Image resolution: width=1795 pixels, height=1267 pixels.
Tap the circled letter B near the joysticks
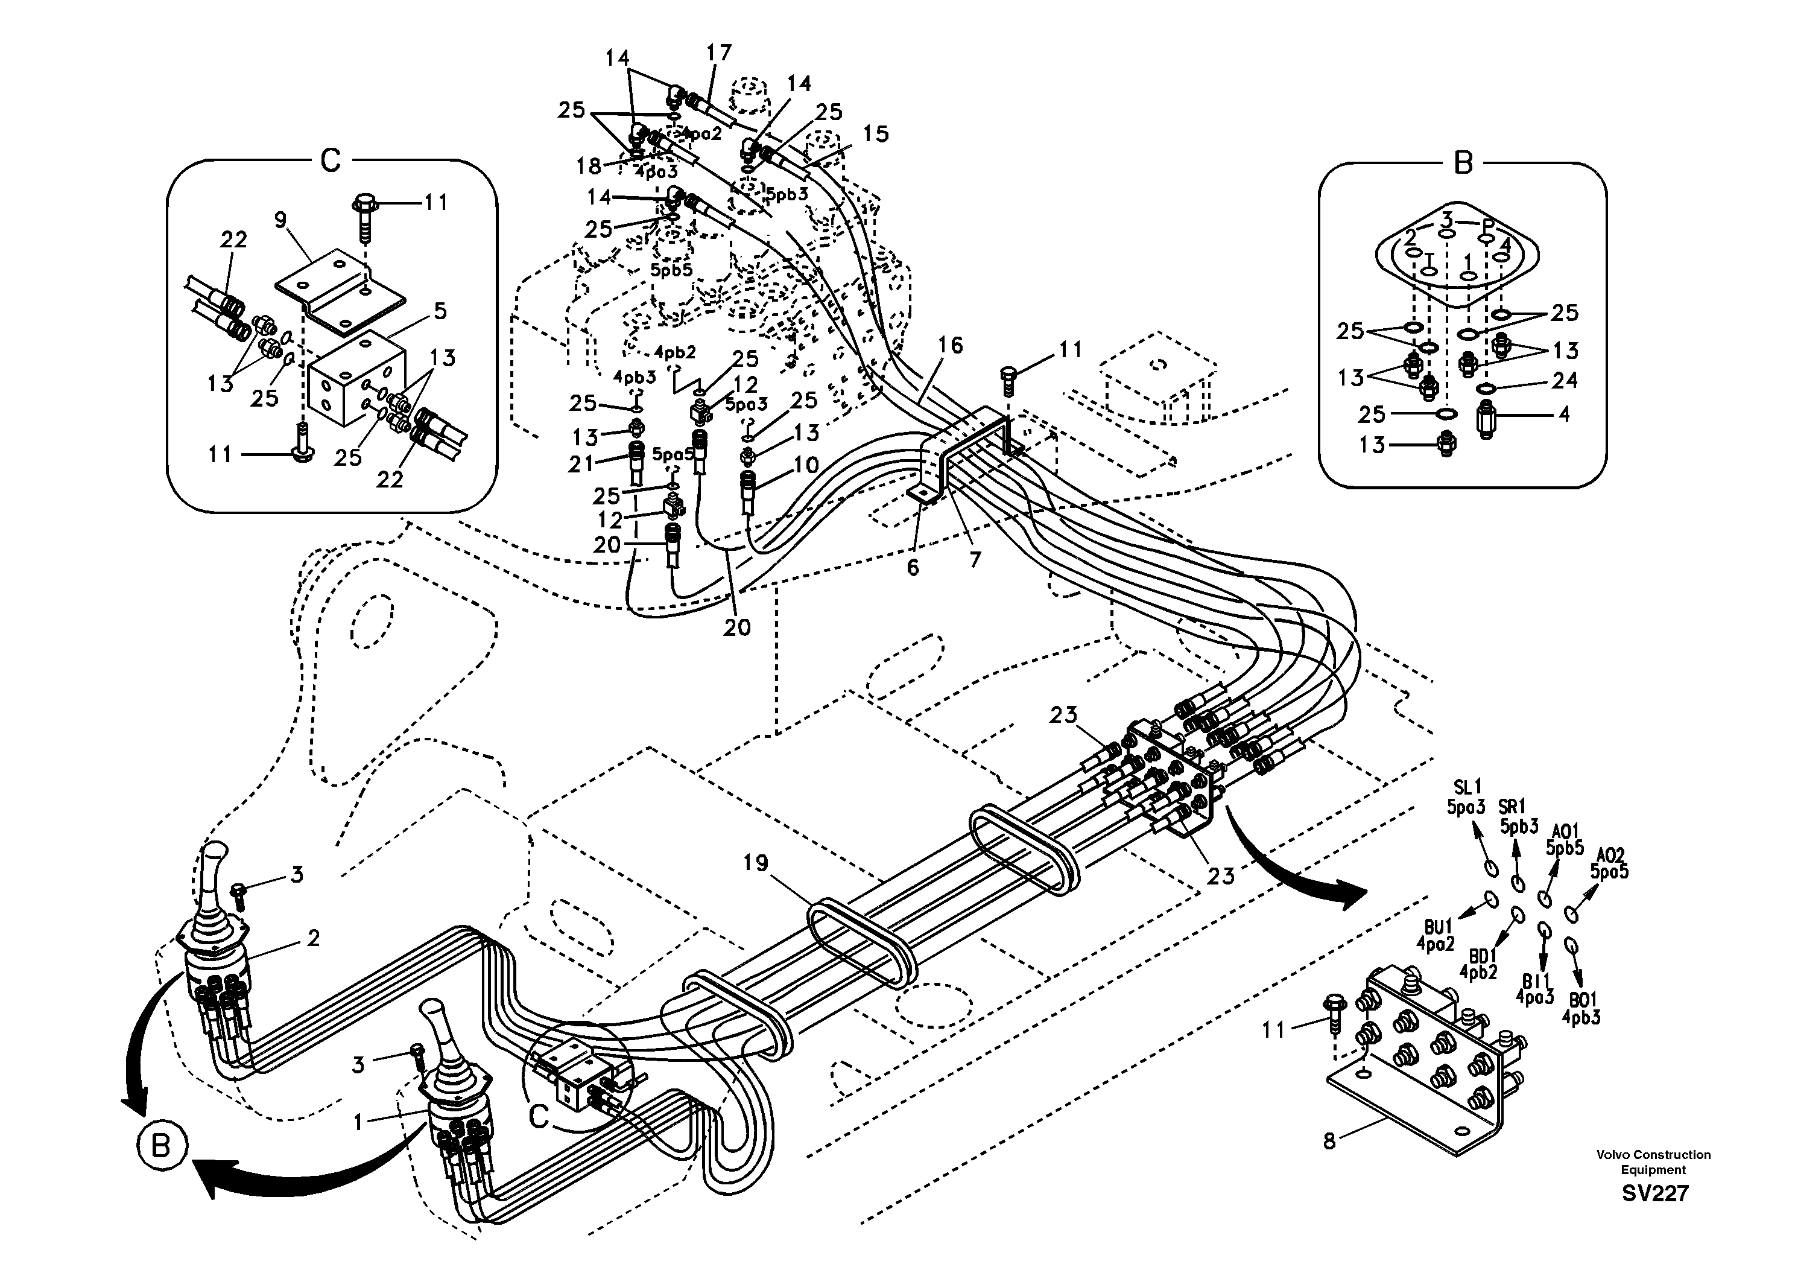[162, 1148]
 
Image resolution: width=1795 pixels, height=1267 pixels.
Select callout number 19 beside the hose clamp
[756, 863]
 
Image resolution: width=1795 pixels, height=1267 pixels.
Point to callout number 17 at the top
[718, 52]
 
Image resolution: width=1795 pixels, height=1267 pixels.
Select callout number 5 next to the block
[440, 311]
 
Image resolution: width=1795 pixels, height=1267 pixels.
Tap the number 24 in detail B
[1565, 380]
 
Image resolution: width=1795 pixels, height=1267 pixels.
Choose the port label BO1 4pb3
[1581, 1009]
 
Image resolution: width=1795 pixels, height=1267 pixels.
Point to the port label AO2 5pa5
[1610, 863]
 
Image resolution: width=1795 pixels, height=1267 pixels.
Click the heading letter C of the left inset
[331, 161]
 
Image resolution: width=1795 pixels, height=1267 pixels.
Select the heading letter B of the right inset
[1463, 164]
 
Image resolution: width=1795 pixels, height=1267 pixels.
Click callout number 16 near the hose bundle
[951, 345]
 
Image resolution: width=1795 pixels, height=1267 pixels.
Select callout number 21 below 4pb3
[581, 465]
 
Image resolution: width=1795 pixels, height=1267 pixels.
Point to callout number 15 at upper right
[876, 134]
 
